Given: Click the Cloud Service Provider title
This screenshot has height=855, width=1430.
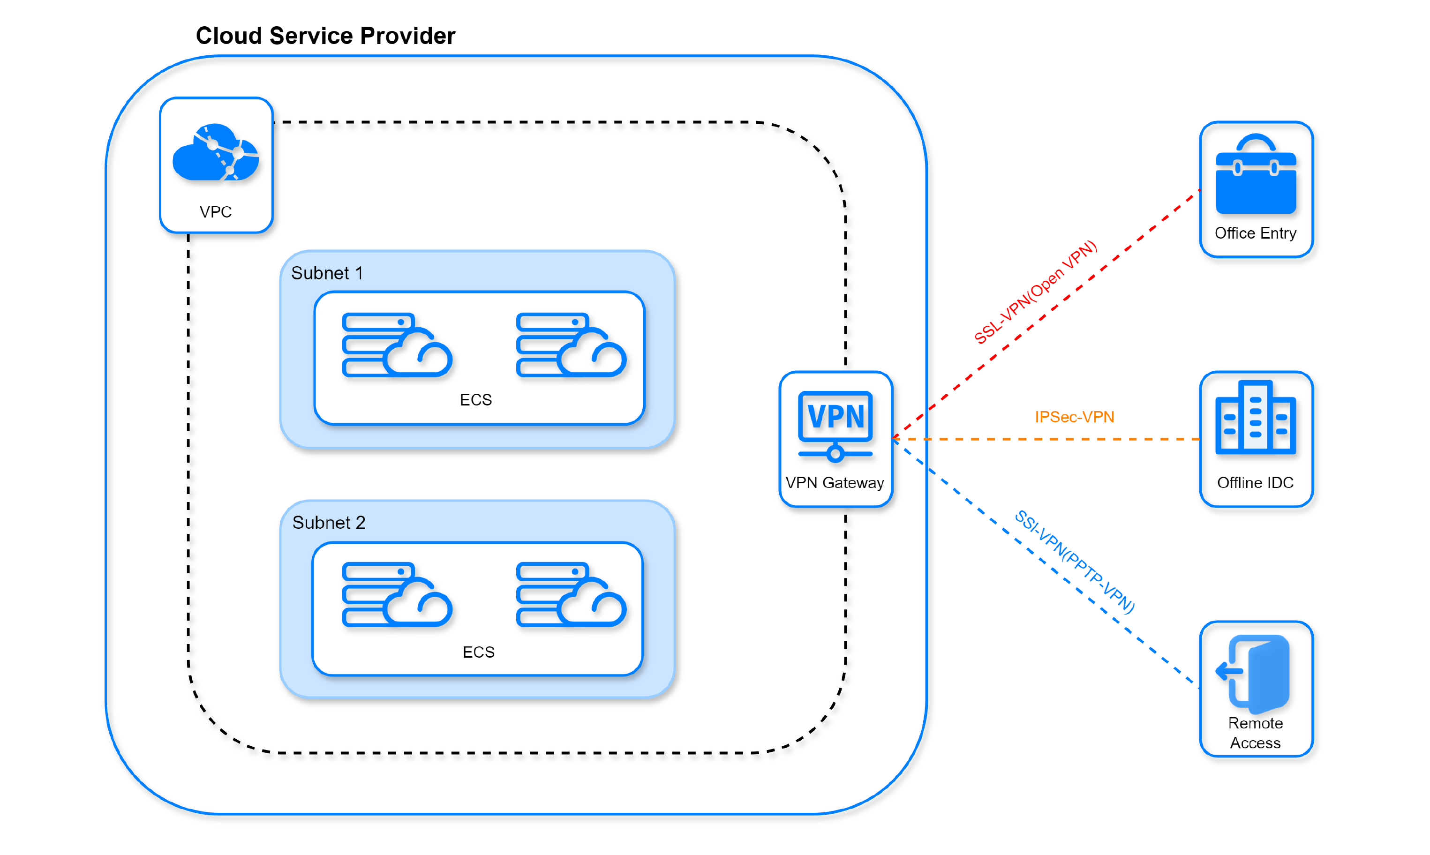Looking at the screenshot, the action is pos(325,36).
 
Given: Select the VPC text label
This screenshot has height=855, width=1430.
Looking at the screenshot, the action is pos(216,212).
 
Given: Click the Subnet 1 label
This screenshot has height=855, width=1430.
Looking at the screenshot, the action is pos(327,273).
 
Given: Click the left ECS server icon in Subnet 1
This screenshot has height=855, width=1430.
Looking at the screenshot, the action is pos(397,345).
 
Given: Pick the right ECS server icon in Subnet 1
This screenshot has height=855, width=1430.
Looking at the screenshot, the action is pos(572,345).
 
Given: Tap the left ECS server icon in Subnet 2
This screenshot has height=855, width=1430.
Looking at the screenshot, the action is pos(397,594).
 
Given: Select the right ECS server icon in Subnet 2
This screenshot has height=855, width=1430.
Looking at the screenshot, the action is pos(572,594).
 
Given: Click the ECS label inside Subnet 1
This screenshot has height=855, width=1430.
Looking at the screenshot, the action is pos(476,400).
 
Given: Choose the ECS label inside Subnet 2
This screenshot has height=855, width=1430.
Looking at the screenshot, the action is pos(479,652).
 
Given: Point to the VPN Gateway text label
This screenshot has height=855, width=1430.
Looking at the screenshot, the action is pos(835,483).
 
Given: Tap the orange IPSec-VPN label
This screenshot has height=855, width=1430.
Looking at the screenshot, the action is pos(1075,417).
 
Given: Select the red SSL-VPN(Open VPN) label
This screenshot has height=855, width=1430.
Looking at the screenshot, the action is pos(1035,292).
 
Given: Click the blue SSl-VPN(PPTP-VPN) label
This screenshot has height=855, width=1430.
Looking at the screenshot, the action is pos(1075,562).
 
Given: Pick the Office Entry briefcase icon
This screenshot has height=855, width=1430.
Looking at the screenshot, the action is pos(1256,174).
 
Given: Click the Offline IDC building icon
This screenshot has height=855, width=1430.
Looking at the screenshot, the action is pos(1256,418).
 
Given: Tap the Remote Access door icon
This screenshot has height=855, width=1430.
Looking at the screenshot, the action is pos(1253,672).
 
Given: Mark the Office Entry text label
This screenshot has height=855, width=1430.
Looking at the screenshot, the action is pos(1256,233).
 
